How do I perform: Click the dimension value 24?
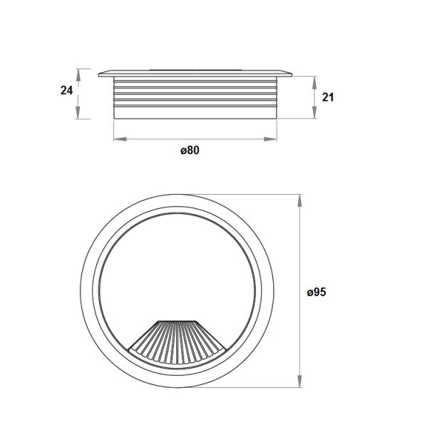[66, 91]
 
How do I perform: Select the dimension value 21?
[328, 98]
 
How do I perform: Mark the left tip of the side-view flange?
[100, 72]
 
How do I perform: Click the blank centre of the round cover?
[178, 271]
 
